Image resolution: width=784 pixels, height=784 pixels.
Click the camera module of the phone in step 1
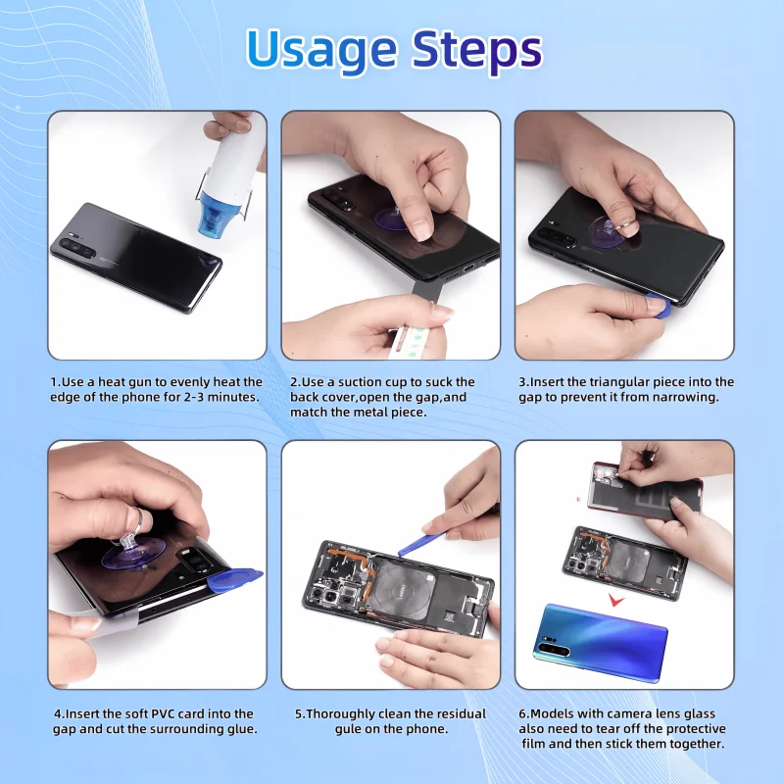pos(77,247)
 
